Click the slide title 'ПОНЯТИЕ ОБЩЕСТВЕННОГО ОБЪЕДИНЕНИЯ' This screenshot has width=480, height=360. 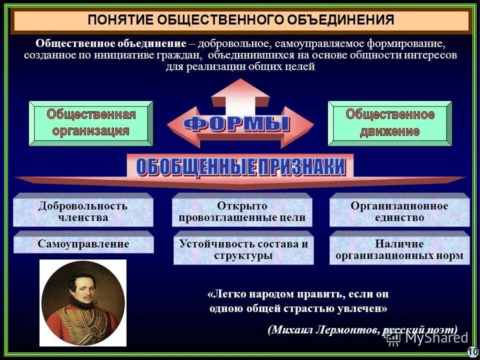(x=241, y=20)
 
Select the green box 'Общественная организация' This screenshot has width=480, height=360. (x=91, y=123)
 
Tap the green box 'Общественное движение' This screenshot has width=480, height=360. (x=390, y=123)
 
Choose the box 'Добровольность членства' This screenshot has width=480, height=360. (x=83, y=211)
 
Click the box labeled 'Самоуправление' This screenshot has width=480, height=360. (x=83, y=244)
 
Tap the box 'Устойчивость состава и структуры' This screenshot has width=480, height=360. (x=243, y=249)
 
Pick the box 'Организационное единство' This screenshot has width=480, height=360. (x=399, y=211)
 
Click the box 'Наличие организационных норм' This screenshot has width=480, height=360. (x=399, y=249)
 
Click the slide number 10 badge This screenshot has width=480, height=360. (x=472, y=352)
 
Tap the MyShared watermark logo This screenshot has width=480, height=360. (x=427, y=337)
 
